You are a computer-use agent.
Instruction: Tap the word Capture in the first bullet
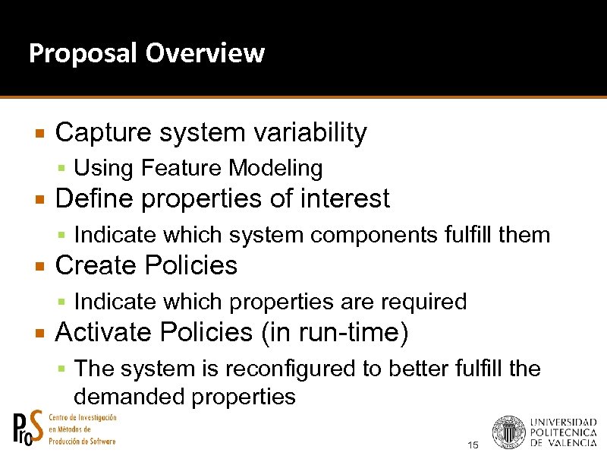(x=104, y=133)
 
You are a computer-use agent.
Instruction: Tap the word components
(x=375, y=235)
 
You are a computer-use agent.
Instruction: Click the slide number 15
(x=473, y=445)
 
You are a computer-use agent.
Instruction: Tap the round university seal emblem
(x=508, y=432)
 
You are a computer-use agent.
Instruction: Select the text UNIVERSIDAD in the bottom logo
(x=563, y=423)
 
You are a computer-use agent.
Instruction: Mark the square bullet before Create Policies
(x=42, y=266)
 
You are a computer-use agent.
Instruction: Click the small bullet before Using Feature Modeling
(x=64, y=168)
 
